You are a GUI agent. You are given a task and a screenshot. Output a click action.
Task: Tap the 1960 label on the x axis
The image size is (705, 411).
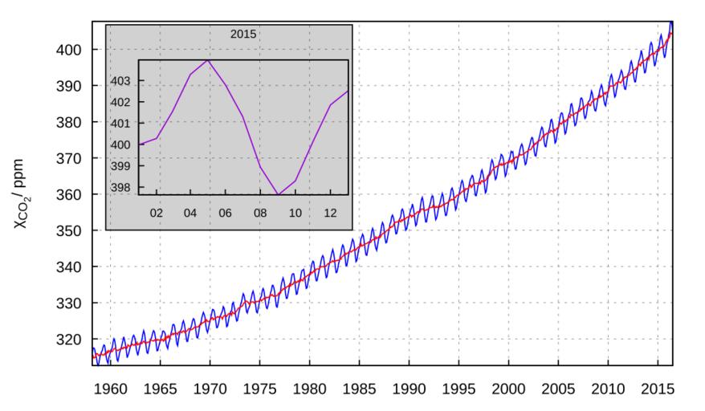point(112,389)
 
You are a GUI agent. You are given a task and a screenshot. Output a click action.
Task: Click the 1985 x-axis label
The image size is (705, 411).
point(360,389)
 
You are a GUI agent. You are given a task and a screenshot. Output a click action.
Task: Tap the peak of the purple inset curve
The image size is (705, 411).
point(208,60)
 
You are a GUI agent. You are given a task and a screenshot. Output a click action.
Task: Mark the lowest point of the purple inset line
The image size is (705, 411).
point(278,194)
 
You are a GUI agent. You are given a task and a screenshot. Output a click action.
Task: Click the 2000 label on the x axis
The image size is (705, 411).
point(508,389)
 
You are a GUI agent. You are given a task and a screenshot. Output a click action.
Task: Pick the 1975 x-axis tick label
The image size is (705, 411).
point(260,389)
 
